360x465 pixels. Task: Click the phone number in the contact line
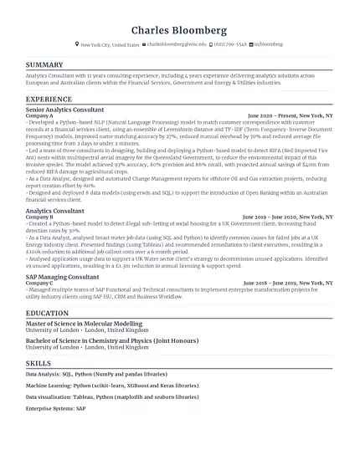[x=229, y=44]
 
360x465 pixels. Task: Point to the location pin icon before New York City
[x=77, y=44]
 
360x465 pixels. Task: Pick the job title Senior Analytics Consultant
[x=65, y=109]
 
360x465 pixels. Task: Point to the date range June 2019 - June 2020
[x=276, y=216]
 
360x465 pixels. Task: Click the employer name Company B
[x=39, y=217]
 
